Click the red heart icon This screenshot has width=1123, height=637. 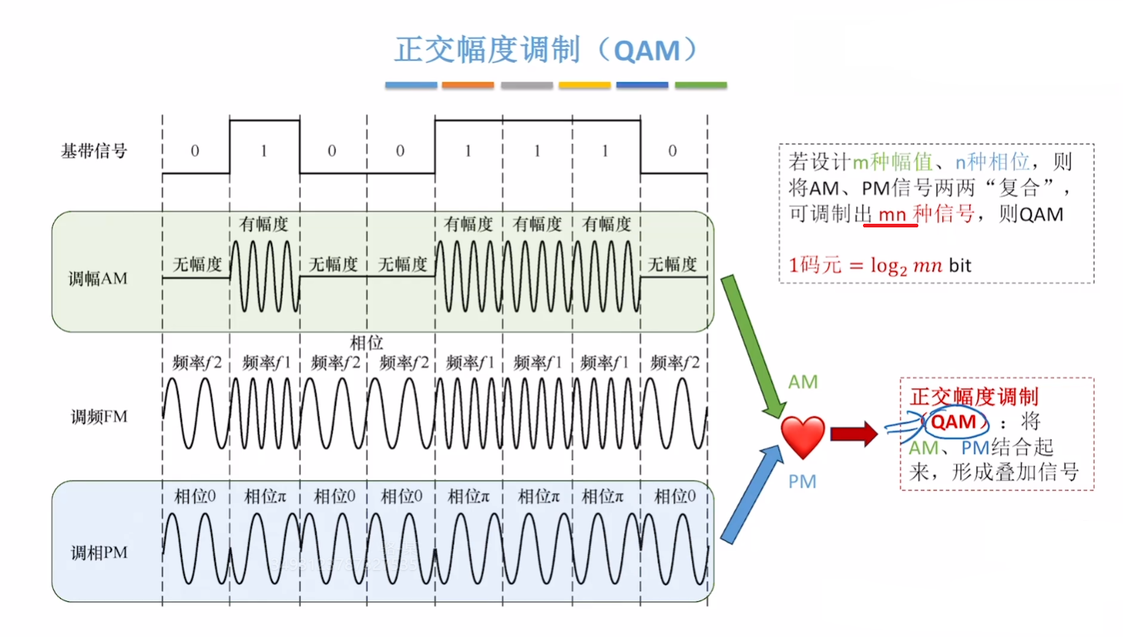[803, 436]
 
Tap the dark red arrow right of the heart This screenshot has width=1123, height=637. [854, 434]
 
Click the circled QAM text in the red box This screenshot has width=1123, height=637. [953, 422]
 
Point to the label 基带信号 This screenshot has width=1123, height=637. [94, 151]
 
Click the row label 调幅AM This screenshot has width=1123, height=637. [98, 278]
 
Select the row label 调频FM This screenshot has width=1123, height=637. [99, 417]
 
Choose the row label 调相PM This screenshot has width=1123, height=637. [99, 552]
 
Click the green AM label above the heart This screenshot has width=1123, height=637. [803, 382]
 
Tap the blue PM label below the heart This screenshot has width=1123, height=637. [802, 482]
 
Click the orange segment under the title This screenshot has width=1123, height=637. [468, 85]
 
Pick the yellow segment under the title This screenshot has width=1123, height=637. [584, 85]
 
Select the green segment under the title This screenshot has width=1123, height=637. [701, 85]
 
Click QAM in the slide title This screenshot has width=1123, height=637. [647, 51]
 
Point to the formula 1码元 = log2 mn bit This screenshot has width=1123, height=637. [880, 265]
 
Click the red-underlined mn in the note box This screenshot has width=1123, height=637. [891, 215]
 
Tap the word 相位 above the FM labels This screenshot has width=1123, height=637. [366, 343]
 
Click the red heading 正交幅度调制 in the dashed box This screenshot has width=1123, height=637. [974, 396]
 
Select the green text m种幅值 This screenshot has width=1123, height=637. [892, 162]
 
